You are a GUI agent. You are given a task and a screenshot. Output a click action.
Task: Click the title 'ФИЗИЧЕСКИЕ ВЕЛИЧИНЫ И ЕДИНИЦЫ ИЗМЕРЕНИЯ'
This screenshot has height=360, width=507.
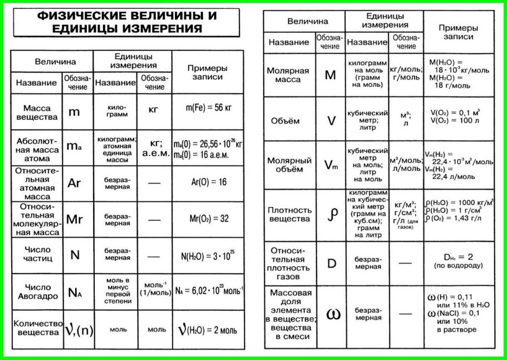click(126, 22)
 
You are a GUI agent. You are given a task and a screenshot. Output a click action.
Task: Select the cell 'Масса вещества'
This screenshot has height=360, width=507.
click(37, 111)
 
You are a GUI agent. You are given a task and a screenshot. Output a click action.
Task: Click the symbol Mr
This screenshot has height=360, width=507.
click(74, 219)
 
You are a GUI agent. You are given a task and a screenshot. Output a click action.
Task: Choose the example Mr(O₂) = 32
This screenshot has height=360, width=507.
click(207, 219)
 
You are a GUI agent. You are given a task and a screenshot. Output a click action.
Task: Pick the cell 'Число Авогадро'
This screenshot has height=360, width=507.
click(37, 291)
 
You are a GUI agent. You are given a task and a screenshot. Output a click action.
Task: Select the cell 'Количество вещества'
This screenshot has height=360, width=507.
click(37, 328)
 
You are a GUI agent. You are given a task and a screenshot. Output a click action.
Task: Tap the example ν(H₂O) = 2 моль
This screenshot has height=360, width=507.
click(207, 329)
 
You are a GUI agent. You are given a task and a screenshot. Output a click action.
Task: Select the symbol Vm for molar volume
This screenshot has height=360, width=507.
click(331, 164)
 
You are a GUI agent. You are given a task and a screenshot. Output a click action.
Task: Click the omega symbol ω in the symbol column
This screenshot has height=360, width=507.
click(332, 314)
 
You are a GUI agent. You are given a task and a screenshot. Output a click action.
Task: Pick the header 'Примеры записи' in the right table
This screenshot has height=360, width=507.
click(459, 32)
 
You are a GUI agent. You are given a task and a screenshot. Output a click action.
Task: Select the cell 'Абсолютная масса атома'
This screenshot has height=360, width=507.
click(37, 148)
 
